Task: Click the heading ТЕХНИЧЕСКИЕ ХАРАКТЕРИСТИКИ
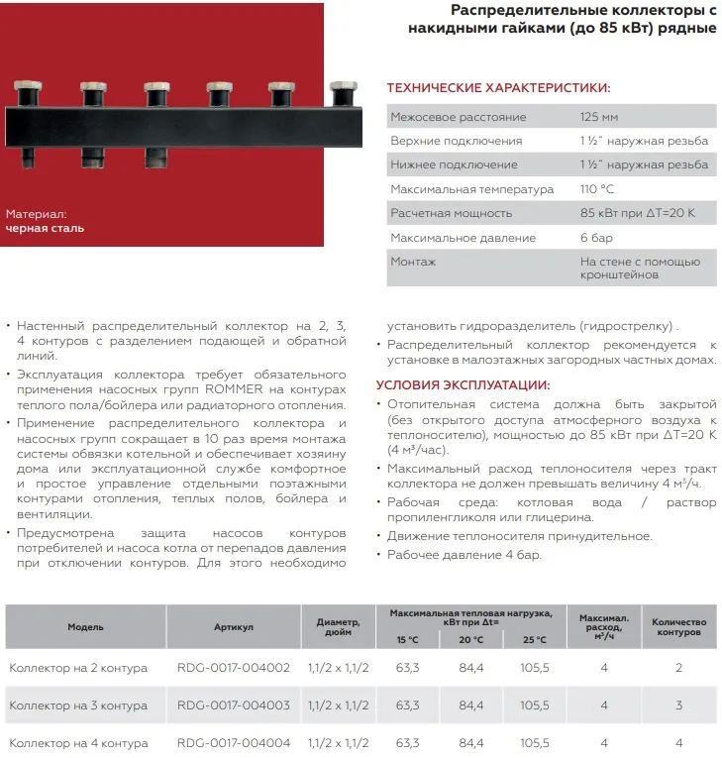(497, 87)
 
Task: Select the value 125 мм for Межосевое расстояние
(598, 118)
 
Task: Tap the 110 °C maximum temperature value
(598, 189)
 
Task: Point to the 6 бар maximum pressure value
(596, 238)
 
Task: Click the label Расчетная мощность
(452, 213)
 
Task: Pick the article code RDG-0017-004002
(234, 668)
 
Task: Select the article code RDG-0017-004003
(234, 705)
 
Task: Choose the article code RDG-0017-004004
(234, 743)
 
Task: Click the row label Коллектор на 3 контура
(78, 705)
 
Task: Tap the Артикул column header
(234, 627)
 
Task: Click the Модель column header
(85, 627)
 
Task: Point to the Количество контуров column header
(678, 626)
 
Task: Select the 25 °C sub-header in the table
(533, 640)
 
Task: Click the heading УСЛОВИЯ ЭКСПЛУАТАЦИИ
(463, 385)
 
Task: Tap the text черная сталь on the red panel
(46, 228)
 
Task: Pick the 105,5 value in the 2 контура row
(533, 668)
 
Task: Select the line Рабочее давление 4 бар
(464, 555)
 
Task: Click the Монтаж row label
(413, 262)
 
